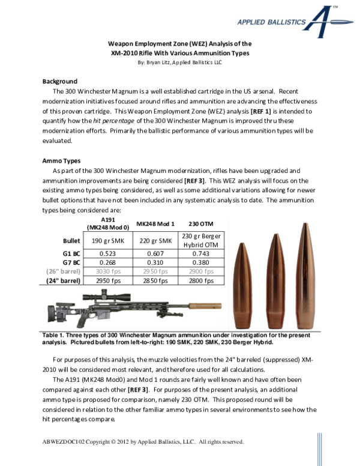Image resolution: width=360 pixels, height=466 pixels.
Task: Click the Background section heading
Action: click(x=59, y=81)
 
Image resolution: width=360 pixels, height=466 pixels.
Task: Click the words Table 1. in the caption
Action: click(x=55, y=336)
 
